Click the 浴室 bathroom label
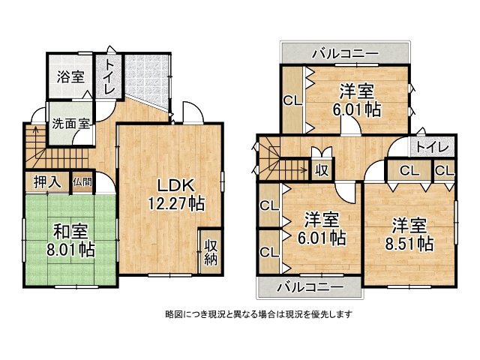point(70,76)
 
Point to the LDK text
point(175,185)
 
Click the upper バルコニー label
point(345,53)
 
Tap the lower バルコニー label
point(309,287)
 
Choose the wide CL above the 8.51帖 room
point(409,171)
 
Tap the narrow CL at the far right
point(444,171)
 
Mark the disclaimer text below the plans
point(258,313)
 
